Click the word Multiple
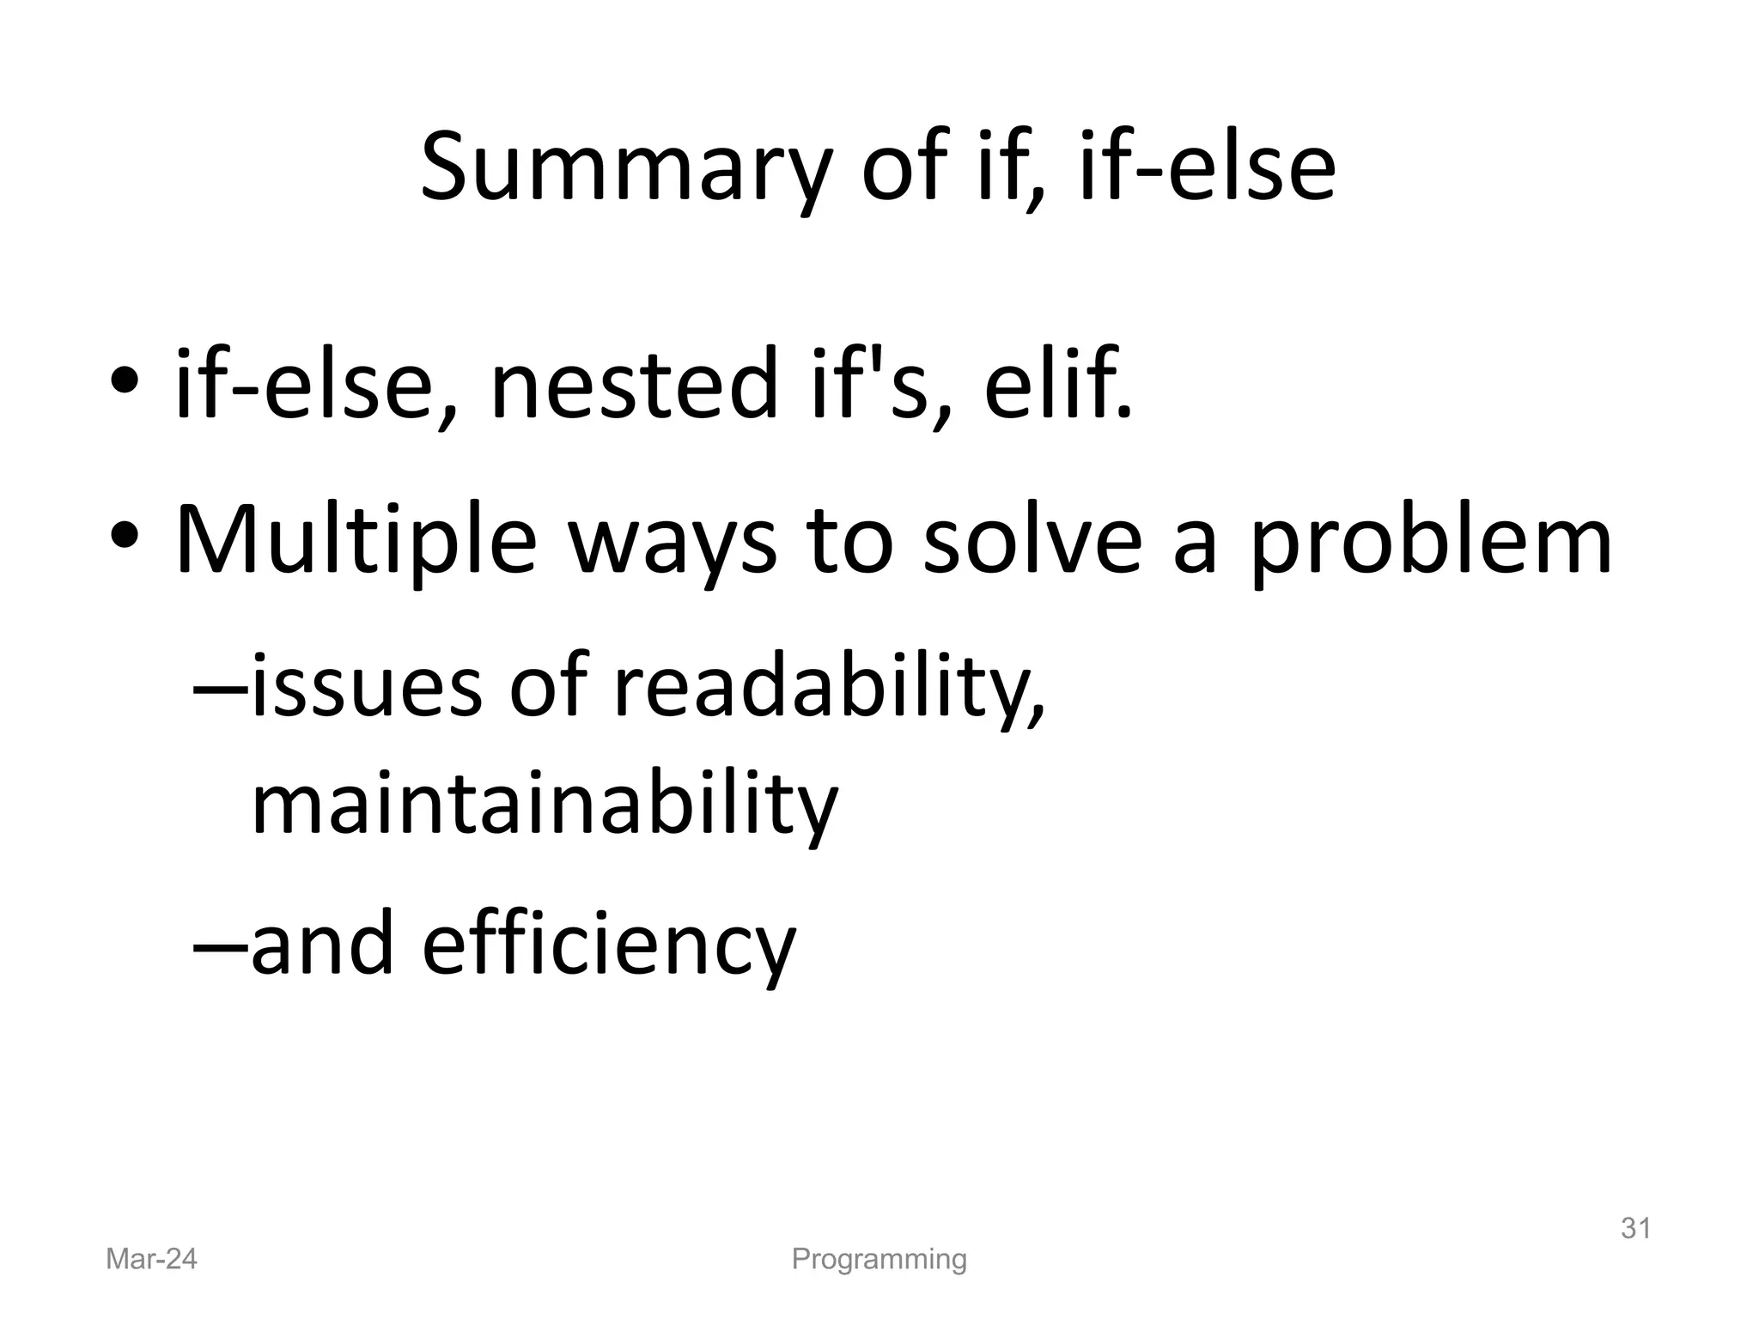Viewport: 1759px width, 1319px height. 356,542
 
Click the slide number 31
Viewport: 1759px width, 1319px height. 1635,1229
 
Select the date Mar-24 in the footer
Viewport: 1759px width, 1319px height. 151,1259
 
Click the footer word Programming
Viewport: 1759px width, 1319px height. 879,1259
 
